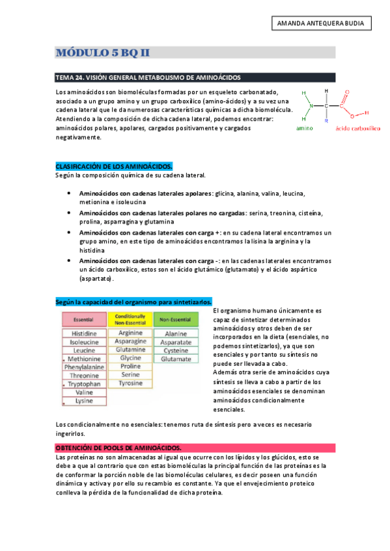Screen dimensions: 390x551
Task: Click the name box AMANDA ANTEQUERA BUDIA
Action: [320, 24]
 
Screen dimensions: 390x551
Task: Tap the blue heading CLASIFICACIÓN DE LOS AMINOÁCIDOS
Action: [114, 167]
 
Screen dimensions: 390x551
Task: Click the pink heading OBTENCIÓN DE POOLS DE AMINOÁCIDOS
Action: [118, 448]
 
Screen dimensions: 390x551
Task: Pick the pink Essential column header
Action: [84, 320]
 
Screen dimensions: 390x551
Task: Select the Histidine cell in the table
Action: [84, 333]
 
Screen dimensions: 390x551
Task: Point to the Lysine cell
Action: [84, 401]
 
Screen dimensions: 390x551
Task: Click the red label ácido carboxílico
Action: [357, 129]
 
